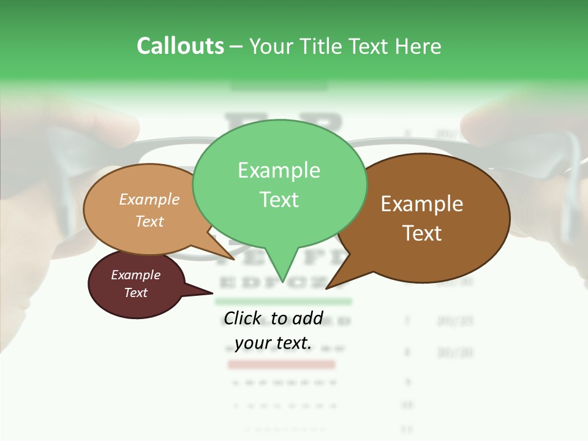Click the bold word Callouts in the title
(x=180, y=46)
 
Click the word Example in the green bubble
(x=279, y=170)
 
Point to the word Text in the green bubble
(x=279, y=200)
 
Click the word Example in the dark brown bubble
(x=422, y=204)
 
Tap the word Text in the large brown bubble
(x=422, y=233)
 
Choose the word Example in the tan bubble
(x=149, y=200)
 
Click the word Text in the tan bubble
(x=149, y=221)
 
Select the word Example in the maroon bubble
(x=135, y=275)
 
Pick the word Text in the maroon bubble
(x=135, y=293)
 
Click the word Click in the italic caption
(x=244, y=318)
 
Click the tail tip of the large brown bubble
(x=326, y=288)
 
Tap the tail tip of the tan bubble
(x=234, y=259)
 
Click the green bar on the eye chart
(x=284, y=301)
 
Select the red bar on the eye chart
(x=281, y=364)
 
